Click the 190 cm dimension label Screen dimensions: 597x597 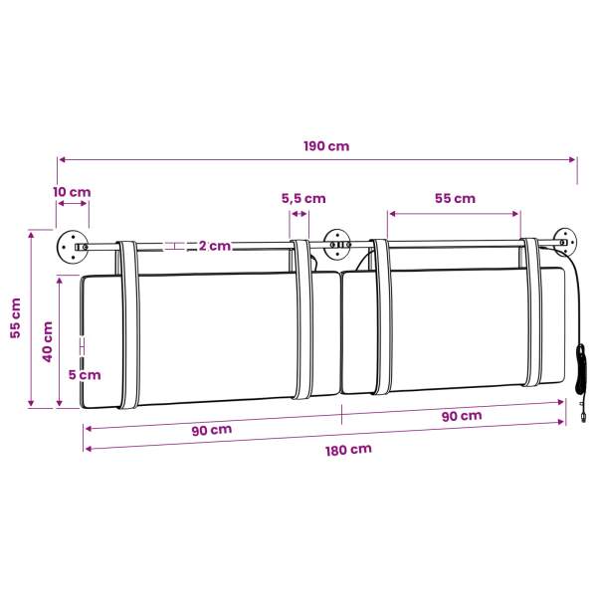[x=326, y=146]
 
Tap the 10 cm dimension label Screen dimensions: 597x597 [x=72, y=192]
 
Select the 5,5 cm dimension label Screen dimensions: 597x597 [x=303, y=198]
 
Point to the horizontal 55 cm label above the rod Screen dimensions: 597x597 [x=455, y=198]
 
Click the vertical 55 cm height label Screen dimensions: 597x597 [x=16, y=318]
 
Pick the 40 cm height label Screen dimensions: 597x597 [x=47, y=342]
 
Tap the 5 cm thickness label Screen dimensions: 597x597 [x=85, y=375]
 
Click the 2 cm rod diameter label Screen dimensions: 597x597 [x=215, y=246]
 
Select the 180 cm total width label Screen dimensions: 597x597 [x=348, y=450]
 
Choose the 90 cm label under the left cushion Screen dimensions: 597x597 [x=212, y=431]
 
